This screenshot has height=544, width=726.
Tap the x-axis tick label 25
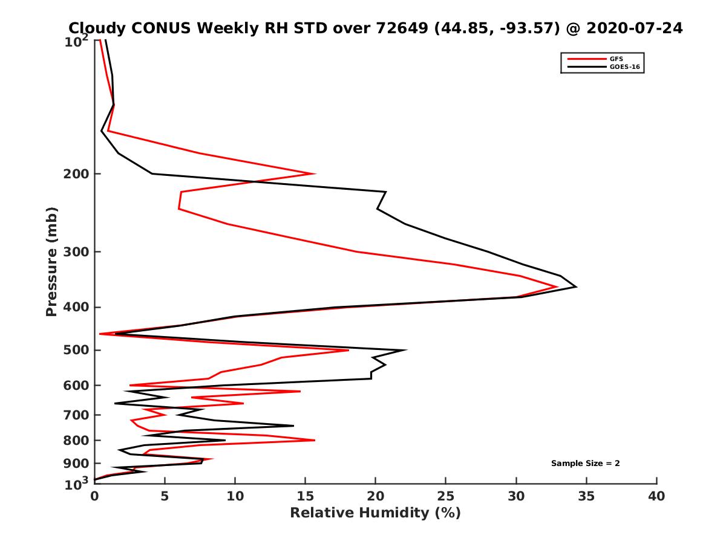point(446,497)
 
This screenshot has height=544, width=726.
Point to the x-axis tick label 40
point(656,497)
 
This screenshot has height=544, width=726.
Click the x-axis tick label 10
point(235,497)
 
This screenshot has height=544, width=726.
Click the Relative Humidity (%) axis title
point(375,513)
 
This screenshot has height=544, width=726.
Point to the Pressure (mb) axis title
point(51,261)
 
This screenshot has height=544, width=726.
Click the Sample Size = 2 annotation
point(585,464)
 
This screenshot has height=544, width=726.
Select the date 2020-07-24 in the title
point(633,28)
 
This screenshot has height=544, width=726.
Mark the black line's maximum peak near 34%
point(576,287)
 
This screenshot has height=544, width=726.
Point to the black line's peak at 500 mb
point(406,350)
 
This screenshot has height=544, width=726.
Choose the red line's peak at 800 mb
point(315,440)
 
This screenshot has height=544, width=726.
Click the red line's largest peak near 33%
point(557,287)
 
